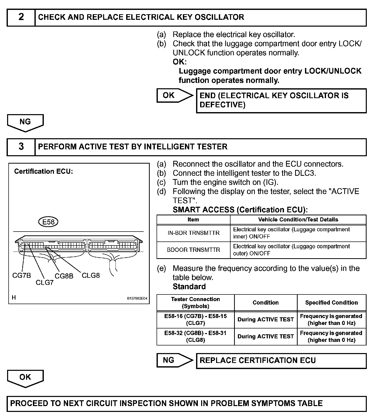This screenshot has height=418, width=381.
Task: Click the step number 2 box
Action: coord(21,17)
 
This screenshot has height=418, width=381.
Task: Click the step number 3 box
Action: coord(21,147)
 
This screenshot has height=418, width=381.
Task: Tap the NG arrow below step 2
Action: coord(25,123)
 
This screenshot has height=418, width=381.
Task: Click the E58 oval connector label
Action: coord(48,222)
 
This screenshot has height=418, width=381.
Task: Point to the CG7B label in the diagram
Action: coord(22,275)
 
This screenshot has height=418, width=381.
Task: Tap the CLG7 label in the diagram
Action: coord(45,282)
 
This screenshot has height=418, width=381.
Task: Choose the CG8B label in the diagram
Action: coord(64,276)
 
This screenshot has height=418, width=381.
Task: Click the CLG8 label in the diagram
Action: coord(91,275)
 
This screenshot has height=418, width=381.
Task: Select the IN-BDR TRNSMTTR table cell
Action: coord(194,233)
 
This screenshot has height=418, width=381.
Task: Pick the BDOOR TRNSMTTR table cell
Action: coord(194,250)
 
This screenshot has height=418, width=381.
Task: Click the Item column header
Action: coord(193,220)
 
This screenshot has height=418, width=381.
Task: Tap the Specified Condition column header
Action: coord(331,303)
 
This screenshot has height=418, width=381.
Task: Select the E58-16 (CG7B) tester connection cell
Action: coord(195,320)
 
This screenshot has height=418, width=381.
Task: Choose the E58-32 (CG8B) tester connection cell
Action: coord(195,337)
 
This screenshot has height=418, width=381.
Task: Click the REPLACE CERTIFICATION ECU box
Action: coord(281,360)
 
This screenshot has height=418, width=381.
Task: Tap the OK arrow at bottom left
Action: coord(25,378)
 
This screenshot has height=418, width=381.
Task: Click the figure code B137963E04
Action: coord(137,299)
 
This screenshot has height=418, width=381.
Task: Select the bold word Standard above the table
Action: coord(189,287)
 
